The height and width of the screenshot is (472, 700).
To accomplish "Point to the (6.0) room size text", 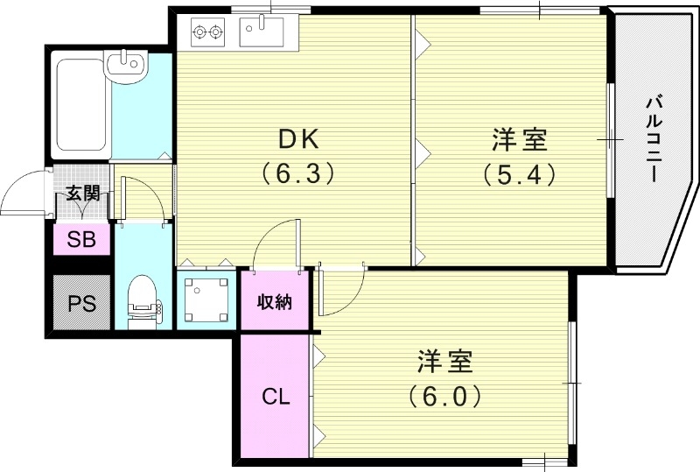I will click(444, 396).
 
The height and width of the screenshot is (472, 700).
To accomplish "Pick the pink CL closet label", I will click(276, 397).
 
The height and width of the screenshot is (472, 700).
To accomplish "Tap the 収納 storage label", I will click(274, 302).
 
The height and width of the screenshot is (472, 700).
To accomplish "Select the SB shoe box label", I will click(82, 239).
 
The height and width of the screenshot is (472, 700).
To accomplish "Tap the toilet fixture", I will click(141, 303).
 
